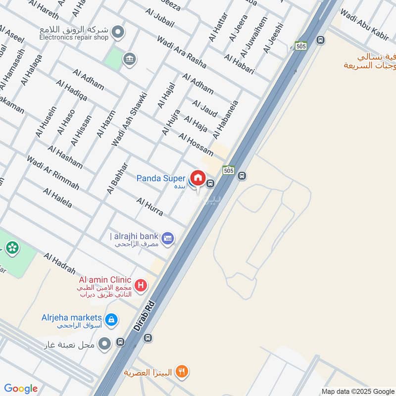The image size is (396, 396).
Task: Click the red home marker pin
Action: pyautogui.click(x=198, y=178)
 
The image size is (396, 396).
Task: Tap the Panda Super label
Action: pyautogui.click(x=161, y=178)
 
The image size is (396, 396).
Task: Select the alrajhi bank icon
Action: pyautogui.click(x=168, y=238)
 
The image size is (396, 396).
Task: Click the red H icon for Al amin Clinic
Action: pyautogui.click(x=141, y=285)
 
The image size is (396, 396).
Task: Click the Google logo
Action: pyautogui.click(x=21, y=389)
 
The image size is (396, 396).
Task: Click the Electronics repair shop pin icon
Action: pyautogui.click(x=118, y=33)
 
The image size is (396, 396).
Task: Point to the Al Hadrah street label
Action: pyautogui.click(x=59, y=263)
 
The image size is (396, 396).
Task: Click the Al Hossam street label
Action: pyautogui.click(x=196, y=145)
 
